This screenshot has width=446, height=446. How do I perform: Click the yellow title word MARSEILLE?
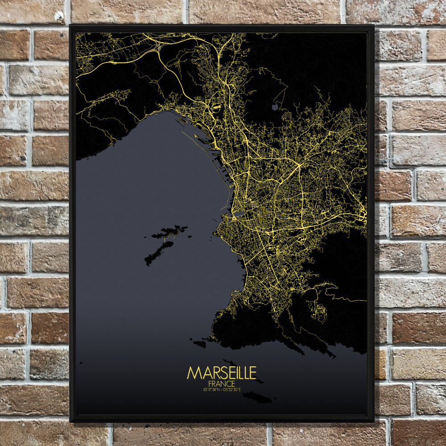222,373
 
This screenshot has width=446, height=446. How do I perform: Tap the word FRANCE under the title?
222,384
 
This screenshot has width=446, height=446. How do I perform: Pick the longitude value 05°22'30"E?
233,389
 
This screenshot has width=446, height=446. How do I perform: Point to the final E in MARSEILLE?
253,373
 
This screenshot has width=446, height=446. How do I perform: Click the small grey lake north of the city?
275,107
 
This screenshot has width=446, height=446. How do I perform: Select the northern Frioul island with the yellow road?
170,232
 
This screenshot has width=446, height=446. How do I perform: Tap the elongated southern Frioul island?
158,253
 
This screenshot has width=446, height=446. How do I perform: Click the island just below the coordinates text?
256,397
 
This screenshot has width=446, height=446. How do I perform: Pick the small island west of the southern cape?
199,344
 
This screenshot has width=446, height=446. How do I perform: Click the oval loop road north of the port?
217,107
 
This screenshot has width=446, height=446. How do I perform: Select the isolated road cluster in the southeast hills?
320,310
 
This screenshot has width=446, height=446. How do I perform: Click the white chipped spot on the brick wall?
59,17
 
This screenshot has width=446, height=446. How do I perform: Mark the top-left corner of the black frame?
70,26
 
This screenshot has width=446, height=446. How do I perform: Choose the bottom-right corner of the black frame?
373,421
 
